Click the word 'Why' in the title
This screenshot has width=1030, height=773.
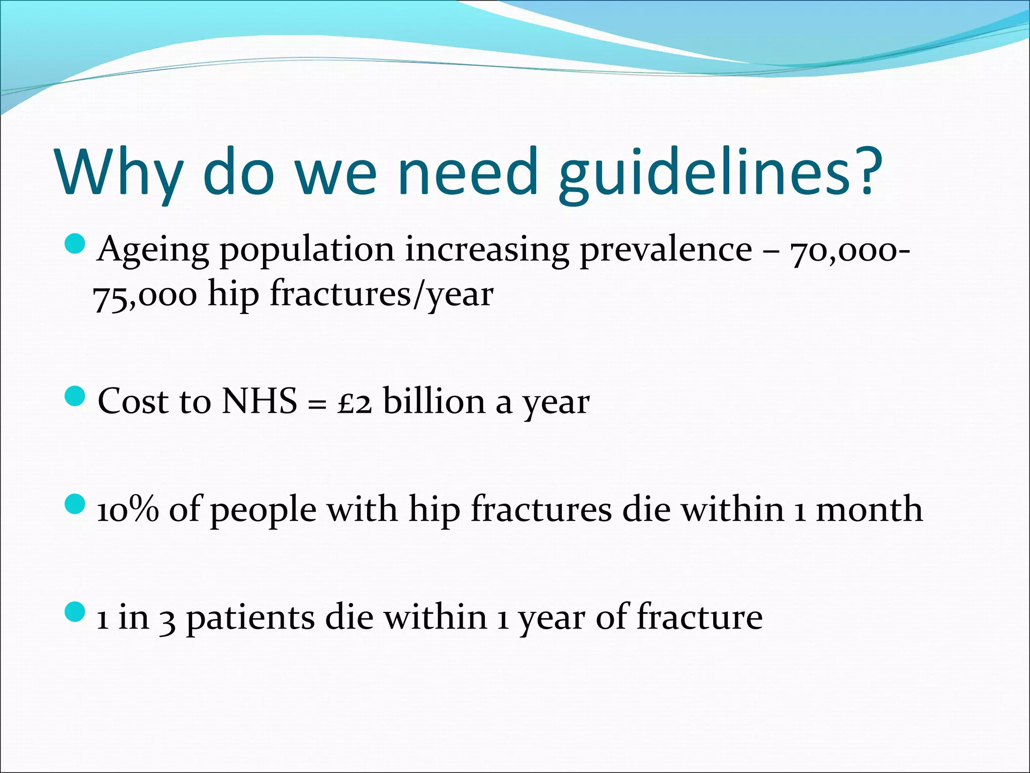pyautogui.click(x=119, y=172)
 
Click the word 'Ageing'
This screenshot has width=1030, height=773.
pyautogui.click(x=153, y=251)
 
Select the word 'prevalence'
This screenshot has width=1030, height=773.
pyautogui.click(x=666, y=250)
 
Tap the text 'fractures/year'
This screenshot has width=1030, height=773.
pyautogui.click(x=382, y=295)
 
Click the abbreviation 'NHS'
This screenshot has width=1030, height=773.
pyautogui.click(x=260, y=402)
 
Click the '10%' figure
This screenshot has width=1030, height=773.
pyautogui.click(x=128, y=509)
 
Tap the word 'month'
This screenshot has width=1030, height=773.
pyautogui.click(x=870, y=509)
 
